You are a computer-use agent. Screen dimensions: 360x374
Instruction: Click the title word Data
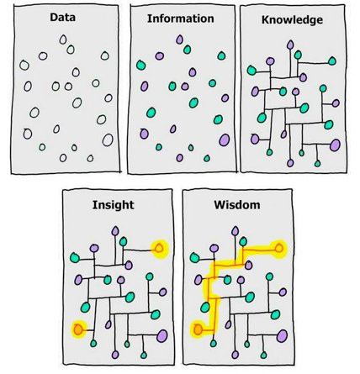pyautogui.click(x=62, y=18)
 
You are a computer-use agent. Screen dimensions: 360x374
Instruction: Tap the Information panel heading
pyautogui.click(x=181, y=18)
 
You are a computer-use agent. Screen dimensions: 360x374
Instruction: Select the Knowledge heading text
pyautogui.click(x=292, y=20)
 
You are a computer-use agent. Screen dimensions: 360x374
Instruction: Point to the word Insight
pyautogui.click(x=114, y=205)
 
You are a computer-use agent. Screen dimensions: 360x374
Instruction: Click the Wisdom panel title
pyautogui.click(x=237, y=205)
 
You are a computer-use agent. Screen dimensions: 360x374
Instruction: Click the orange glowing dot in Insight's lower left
pyautogui.click(x=77, y=329)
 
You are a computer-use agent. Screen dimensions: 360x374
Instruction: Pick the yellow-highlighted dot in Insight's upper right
pyautogui.click(x=159, y=248)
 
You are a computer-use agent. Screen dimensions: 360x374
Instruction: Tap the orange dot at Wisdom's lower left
pyautogui.click(x=198, y=329)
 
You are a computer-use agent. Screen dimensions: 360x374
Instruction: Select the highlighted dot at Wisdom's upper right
pyautogui.click(x=279, y=248)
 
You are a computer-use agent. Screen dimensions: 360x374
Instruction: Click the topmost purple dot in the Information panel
pyautogui.click(x=179, y=40)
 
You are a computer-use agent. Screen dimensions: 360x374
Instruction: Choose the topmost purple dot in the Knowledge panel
pyautogui.click(x=290, y=45)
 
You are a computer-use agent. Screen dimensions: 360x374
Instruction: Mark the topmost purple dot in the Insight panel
pyautogui.click(x=115, y=231)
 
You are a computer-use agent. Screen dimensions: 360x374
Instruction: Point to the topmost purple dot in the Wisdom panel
pyautogui.click(x=235, y=231)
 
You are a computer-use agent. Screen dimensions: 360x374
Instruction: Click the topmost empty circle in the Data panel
pyautogui.click(x=63, y=40)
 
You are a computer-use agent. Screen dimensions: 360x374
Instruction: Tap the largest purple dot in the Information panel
pyautogui.click(x=224, y=140)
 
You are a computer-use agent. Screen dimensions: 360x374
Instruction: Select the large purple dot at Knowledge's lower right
pyautogui.click(x=335, y=145)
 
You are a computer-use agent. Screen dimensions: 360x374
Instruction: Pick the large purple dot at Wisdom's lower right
pyautogui.click(x=282, y=336)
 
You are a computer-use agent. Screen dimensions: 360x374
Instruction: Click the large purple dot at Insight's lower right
pyautogui.click(x=162, y=336)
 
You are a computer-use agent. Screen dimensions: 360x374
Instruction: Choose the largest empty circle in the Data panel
pyautogui.click(x=108, y=140)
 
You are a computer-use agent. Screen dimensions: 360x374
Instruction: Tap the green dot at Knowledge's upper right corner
pyautogui.click(x=332, y=61)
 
